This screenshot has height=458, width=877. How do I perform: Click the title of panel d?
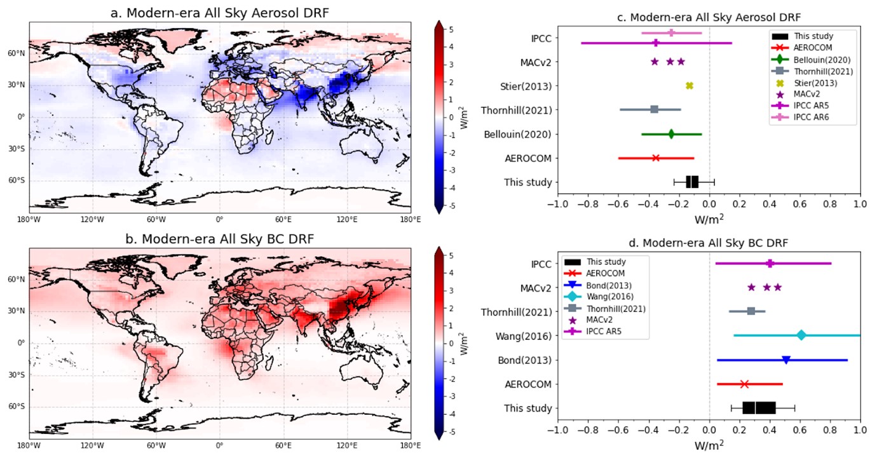click(709, 243)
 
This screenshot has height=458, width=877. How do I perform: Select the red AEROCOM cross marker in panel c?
click(656, 158)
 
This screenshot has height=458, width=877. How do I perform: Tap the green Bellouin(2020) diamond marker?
click(671, 134)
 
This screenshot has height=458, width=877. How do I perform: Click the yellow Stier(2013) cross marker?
click(690, 86)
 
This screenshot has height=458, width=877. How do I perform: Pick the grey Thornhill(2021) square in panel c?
click(655, 110)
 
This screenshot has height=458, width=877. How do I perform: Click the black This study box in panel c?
click(692, 182)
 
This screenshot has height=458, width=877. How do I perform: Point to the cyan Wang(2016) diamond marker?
click(801, 335)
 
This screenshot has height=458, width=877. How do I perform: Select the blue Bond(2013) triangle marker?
click(786, 360)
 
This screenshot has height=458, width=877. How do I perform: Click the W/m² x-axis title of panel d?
click(709, 446)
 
